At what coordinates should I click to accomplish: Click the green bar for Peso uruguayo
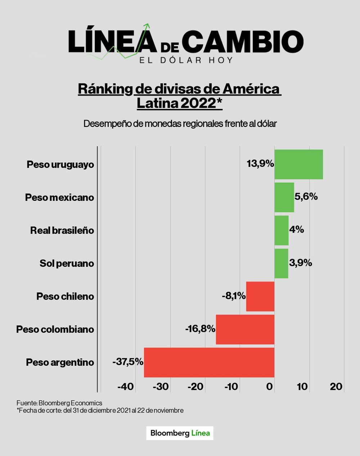point(298,164)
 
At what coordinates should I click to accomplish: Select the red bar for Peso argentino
point(209,362)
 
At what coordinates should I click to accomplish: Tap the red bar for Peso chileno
point(260,296)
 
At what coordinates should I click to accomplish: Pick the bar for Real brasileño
point(282,230)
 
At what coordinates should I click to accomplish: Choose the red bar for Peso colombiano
point(245,329)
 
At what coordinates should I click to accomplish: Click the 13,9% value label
point(260,164)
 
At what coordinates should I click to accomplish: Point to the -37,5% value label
point(128,362)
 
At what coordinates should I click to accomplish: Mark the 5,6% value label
point(306,196)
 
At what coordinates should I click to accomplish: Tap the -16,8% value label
point(200,329)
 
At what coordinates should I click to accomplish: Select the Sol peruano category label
point(67,264)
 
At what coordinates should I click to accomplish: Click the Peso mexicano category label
point(59,197)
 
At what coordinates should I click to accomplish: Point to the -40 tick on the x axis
point(126,387)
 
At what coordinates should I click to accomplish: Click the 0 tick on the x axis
point(270,387)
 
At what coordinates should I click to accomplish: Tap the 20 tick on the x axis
point(336,387)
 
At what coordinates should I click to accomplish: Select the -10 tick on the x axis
point(231,387)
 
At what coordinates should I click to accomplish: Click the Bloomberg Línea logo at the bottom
point(180,433)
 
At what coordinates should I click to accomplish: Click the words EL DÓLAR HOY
point(186,60)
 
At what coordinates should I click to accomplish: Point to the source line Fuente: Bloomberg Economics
point(59,403)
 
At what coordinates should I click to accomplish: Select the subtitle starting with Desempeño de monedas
point(180,124)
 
